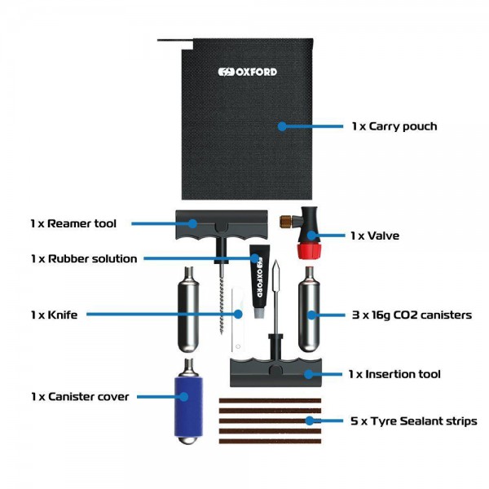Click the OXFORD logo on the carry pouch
247,72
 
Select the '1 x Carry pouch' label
394,126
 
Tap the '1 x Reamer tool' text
73,223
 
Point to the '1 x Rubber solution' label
84,258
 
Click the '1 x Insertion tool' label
394,374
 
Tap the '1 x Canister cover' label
80,397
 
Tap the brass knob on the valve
288,222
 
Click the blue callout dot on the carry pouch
281,126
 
